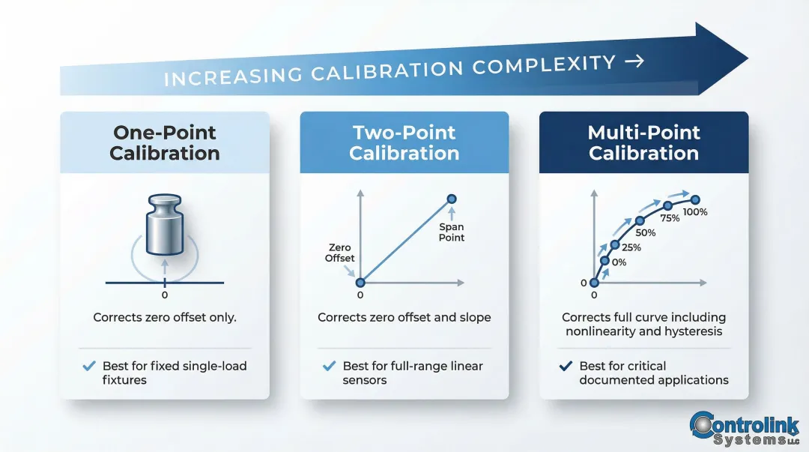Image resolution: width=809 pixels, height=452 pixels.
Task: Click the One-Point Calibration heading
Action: pos(165,143)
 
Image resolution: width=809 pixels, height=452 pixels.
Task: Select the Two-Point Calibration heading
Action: pos(404,143)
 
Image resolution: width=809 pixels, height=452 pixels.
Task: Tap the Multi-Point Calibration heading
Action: pos(643,143)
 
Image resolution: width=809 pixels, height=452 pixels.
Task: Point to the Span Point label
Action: pos(452,232)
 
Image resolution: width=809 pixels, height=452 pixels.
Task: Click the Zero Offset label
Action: pos(339,253)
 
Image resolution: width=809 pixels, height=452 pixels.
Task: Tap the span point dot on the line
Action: pos(452,199)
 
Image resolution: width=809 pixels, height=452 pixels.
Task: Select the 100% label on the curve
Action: pos(695,212)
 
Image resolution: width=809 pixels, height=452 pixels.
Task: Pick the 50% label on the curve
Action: pos(645,233)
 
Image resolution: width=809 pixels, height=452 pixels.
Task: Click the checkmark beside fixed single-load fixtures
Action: pos(88,366)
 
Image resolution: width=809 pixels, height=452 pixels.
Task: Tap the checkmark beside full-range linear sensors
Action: pos(328,366)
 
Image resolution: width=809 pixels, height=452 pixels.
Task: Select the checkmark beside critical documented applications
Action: pos(566,366)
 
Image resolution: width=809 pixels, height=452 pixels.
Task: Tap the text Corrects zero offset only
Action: pos(165,317)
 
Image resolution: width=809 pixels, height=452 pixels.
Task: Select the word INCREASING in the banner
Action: pos(232,76)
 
